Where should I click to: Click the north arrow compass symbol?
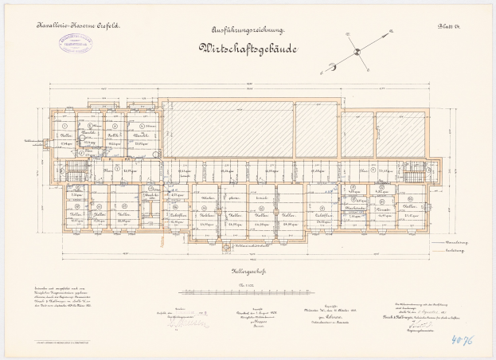[x=357, y=53]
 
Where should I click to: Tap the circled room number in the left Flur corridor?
[x=117, y=169]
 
